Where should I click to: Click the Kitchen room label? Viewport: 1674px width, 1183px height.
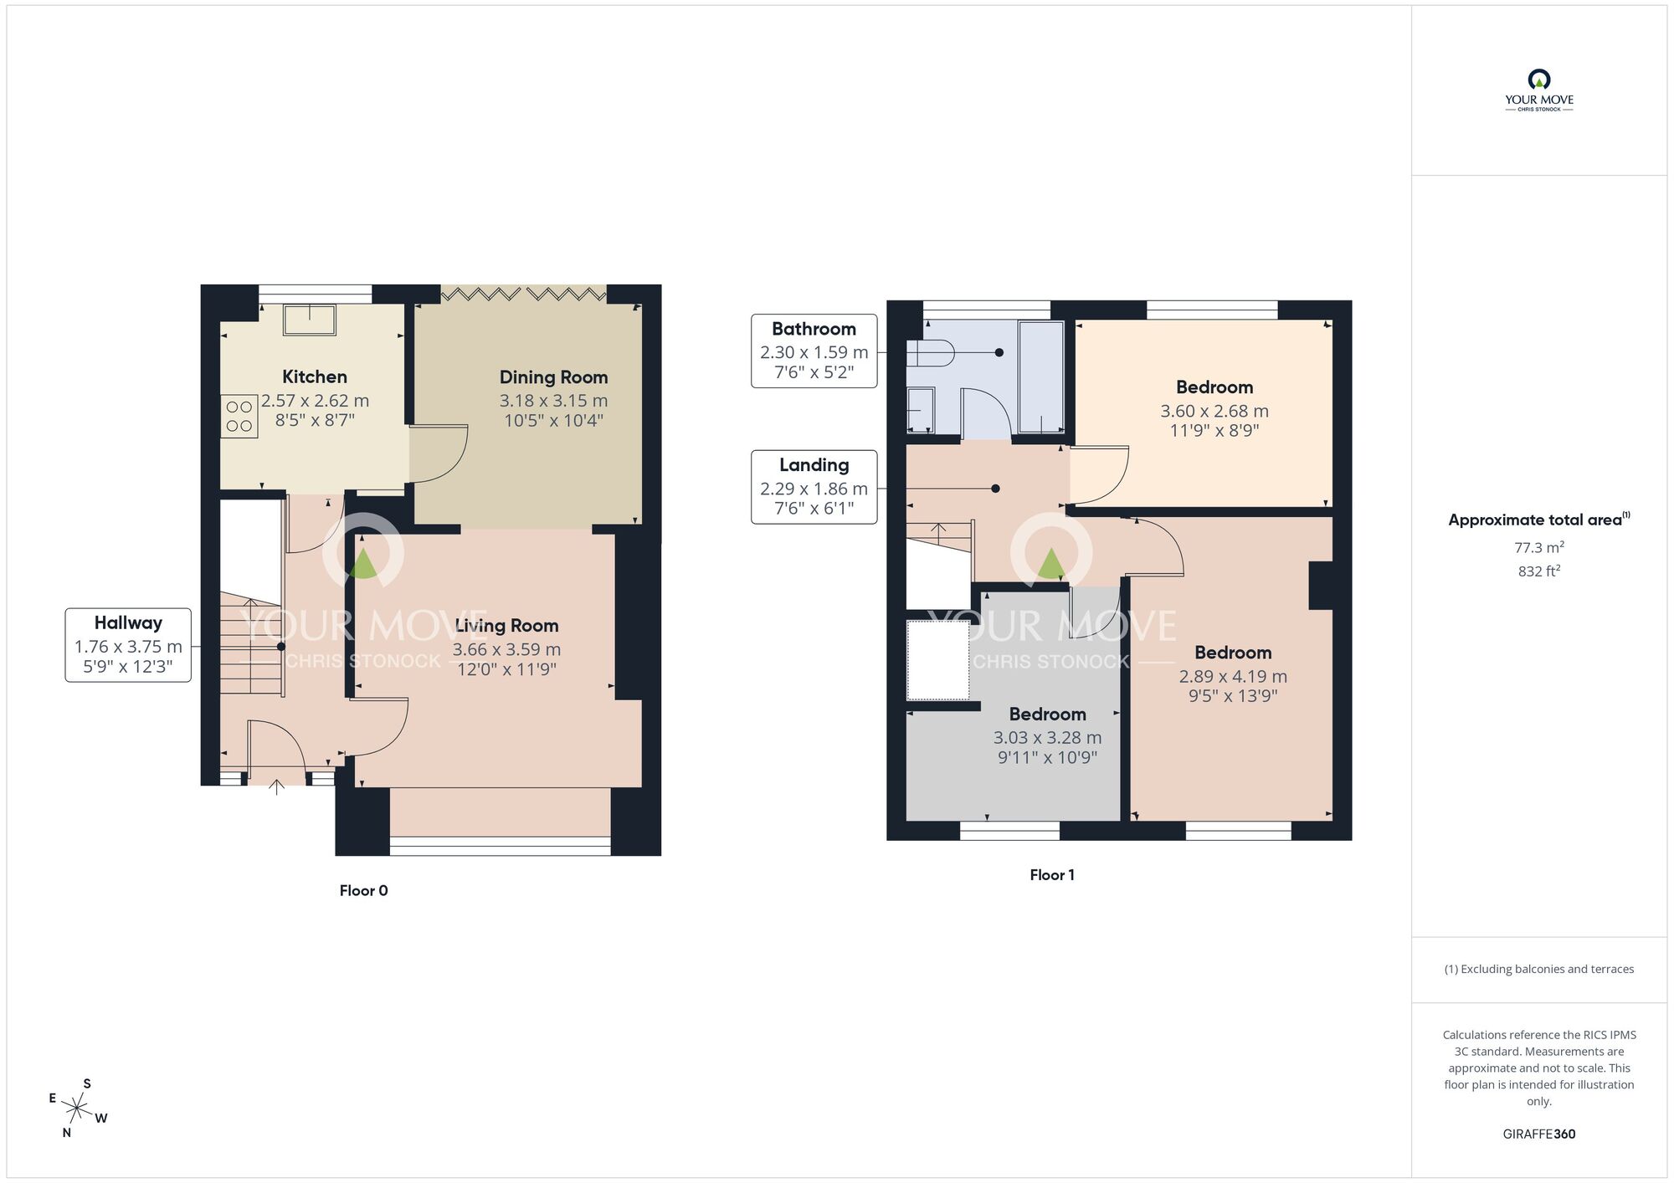pos(314,376)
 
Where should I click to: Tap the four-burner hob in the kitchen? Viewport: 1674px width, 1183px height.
pos(239,417)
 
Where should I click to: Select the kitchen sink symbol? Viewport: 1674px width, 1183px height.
pos(310,320)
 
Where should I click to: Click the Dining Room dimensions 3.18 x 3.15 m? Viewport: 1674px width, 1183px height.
pos(553,401)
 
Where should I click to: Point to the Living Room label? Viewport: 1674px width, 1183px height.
pos(506,626)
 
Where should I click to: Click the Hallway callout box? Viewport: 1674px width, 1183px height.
pos(128,644)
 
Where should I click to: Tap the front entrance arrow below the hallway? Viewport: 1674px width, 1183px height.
pos(278,786)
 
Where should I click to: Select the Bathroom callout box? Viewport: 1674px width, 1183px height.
pos(814,351)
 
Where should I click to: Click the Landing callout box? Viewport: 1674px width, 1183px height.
pos(814,487)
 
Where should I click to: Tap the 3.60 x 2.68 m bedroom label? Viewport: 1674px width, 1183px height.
pos(1214,410)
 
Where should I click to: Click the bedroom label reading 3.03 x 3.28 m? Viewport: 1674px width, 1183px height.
pos(1047,736)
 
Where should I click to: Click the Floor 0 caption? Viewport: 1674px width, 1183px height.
pos(363,890)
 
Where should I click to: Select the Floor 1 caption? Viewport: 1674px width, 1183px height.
pos(1051,874)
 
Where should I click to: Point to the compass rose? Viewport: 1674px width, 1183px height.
pos(77,1109)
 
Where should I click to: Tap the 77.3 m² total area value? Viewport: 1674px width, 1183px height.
pos(1538,547)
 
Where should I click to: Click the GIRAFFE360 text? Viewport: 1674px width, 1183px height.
pos(1538,1134)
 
